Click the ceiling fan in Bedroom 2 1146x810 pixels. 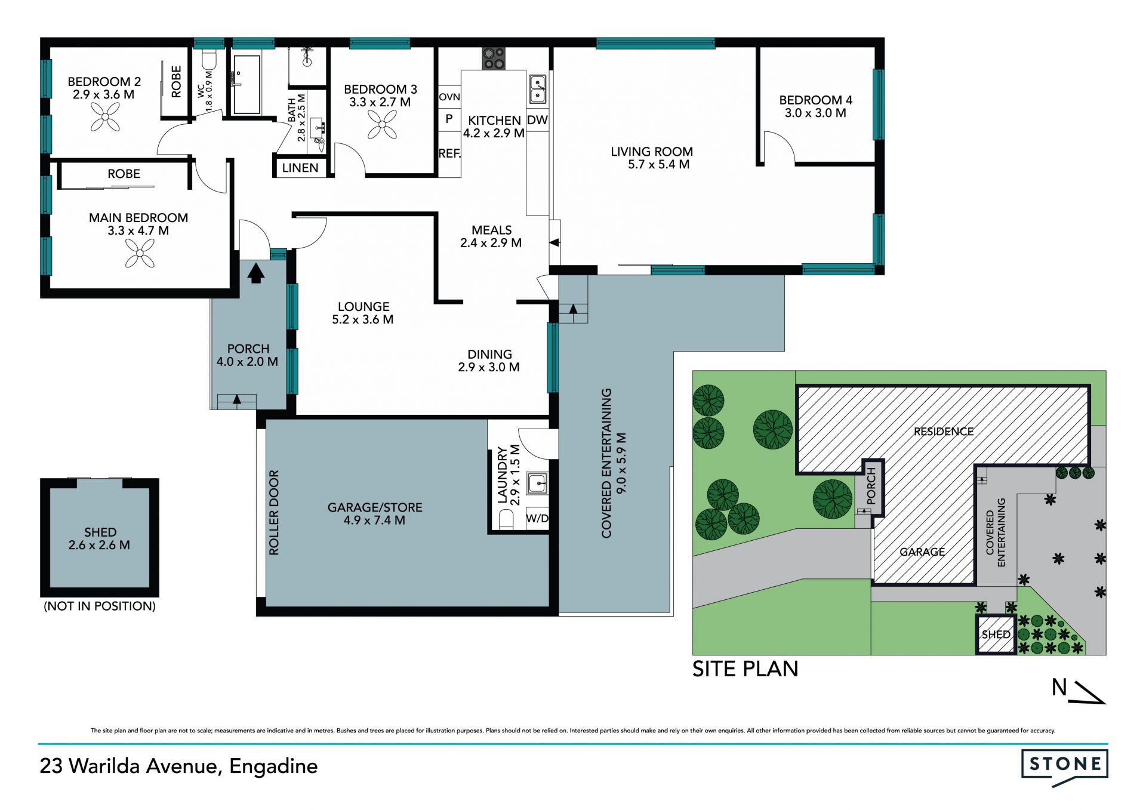tap(106, 116)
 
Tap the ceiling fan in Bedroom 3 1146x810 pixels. tap(382, 124)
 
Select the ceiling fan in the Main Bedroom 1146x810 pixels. tap(140, 253)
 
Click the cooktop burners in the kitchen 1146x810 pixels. tap(494, 58)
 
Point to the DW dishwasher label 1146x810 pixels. tap(537, 120)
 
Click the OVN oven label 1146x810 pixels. tap(449, 97)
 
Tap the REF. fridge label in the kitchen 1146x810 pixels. tap(449, 153)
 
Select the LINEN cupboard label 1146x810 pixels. tap(300, 168)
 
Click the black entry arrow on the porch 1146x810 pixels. tap(256, 273)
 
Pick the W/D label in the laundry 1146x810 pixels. tap(537, 518)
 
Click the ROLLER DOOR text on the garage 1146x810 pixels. tap(274, 512)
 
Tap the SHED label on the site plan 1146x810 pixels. tap(996, 635)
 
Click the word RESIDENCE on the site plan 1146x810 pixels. tap(943, 431)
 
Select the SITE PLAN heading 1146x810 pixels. tap(745, 669)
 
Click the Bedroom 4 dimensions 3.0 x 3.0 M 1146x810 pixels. tap(815, 113)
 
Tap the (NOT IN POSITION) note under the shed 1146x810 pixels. tap(100, 606)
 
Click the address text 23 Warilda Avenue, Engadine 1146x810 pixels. tap(178, 766)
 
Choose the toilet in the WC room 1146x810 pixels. tap(209, 60)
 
